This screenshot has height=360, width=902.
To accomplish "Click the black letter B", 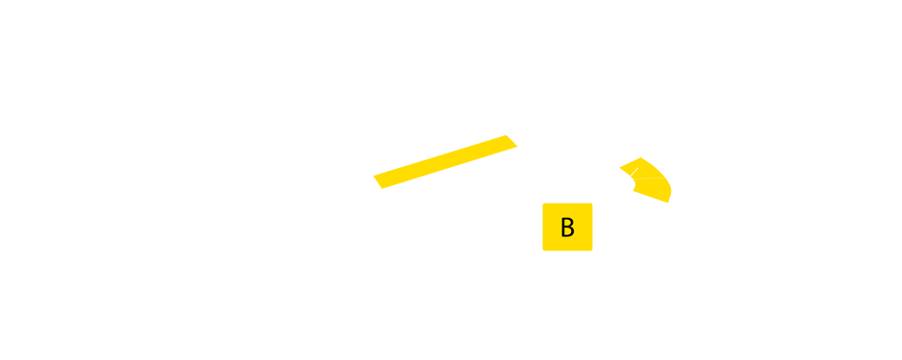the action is (x=567, y=228).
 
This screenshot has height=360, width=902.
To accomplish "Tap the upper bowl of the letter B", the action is (x=570, y=223).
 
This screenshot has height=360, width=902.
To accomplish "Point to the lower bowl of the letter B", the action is (x=571, y=232).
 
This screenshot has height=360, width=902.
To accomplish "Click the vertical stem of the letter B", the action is (x=562, y=228).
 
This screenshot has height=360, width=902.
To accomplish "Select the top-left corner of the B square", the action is (x=543, y=204).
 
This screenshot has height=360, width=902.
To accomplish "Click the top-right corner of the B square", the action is (x=592, y=204).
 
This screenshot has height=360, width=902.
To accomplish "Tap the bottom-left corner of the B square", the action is (x=543, y=251).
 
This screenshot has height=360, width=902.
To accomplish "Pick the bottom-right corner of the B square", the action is (x=592, y=251).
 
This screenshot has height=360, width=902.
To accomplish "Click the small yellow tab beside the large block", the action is (x=505, y=161).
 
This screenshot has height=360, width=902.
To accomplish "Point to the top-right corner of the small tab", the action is (x=518, y=134).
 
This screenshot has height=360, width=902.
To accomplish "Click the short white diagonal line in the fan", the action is (x=633, y=172).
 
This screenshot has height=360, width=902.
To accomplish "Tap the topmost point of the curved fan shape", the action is (x=641, y=157).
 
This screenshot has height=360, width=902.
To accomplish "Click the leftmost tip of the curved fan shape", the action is (x=619, y=168).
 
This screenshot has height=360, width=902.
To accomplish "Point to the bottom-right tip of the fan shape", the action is (x=668, y=203).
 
